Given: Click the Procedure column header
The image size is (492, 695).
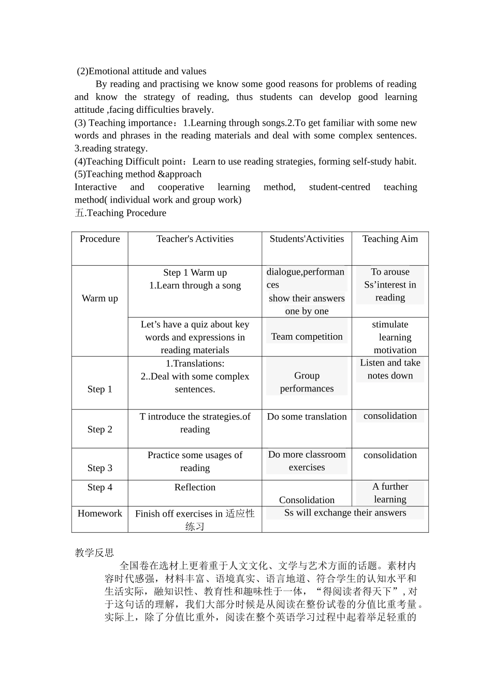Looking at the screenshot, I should click(99, 239).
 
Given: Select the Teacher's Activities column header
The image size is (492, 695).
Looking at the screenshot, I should click(195, 239).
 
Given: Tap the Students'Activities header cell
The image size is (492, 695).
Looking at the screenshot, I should click(307, 239).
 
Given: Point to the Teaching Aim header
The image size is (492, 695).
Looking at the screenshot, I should click(390, 239).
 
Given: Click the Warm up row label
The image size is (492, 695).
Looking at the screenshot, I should click(99, 298).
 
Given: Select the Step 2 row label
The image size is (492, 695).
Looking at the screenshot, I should click(99, 429).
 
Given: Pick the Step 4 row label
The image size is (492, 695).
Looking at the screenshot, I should click(99, 487).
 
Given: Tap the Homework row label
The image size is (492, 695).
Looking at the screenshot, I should click(99, 513).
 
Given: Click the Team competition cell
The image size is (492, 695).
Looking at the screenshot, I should click(307, 337).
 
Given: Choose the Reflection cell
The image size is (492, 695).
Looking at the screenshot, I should click(195, 487).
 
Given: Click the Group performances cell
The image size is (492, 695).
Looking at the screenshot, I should click(307, 382).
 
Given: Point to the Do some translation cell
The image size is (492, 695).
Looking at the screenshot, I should click(307, 417).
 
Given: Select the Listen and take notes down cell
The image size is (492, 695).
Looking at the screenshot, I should click(390, 369).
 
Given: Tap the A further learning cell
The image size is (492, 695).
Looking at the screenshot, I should click(390, 493).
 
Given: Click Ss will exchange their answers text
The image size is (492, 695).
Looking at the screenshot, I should click(345, 513).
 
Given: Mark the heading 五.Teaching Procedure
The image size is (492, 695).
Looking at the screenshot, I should click(121, 213).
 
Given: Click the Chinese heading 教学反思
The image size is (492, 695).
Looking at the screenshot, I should click(94, 553).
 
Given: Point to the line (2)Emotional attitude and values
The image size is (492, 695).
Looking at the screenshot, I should click(141, 71).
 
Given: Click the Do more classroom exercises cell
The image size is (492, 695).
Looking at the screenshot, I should click(307, 461).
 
